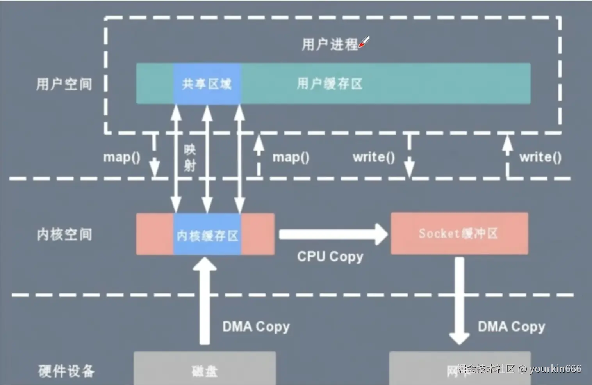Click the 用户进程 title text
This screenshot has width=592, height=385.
[x=330, y=44]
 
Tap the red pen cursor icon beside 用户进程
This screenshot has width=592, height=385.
[x=364, y=42]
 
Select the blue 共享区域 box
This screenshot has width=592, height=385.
[x=207, y=84]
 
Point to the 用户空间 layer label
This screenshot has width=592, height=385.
[x=64, y=84]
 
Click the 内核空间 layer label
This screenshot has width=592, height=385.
[x=64, y=234]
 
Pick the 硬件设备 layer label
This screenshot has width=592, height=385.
[x=66, y=371]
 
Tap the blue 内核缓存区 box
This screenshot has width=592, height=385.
[x=207, y=235]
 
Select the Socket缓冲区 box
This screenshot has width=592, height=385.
[x=459, y=234]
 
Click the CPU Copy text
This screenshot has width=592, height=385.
[x=330, y=257]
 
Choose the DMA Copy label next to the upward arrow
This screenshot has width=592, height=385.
[x=256, y=326]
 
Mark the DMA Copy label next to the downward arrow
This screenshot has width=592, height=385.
[x=511, y=326]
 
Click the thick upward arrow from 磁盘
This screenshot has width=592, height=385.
[x=204, y=300]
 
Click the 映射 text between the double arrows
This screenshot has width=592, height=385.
[x=190, y=158]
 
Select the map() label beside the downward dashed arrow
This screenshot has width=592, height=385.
[x=121, y=157]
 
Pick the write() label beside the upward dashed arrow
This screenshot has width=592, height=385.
[x=540, y=157]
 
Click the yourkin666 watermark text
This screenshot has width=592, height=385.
[x=555, y=369]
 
